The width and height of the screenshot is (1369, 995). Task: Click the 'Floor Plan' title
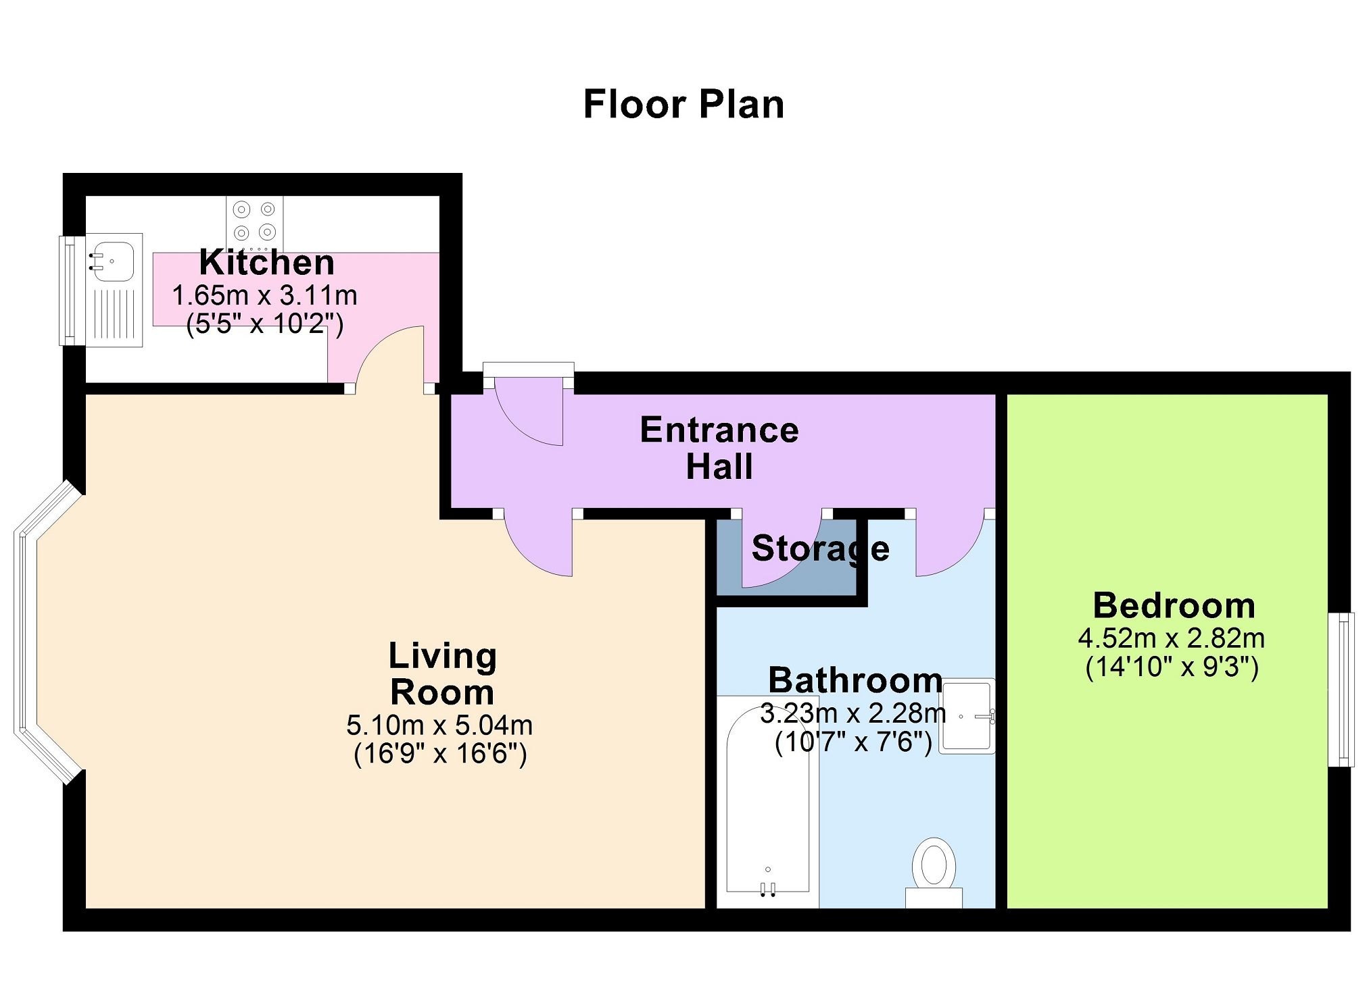coord(683,105)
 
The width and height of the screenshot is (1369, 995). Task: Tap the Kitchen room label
coord(267,262)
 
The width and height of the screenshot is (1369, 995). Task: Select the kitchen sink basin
coord(113,261)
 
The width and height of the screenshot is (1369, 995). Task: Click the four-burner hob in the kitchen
coord(255,222)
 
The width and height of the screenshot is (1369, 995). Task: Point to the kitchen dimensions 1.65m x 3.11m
coord(265,295)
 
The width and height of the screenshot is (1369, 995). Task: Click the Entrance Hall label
coord(719,448)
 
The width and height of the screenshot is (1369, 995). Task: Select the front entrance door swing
coord(529,413)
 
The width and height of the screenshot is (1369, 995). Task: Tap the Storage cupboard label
coord(821,548)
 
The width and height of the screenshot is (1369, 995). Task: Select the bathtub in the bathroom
coord(768,801)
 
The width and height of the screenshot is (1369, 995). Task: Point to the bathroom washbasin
coord(967,715)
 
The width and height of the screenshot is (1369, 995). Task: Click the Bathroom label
coord(855,680)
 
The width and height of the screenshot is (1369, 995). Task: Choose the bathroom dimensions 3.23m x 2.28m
coord(853,713)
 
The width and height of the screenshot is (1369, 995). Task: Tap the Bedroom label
coord(1174,606)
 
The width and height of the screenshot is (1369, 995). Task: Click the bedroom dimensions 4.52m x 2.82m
coord(1172,638)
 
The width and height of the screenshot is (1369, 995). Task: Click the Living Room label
coord(443,674)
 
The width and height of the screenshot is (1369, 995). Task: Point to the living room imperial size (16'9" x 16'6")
coord(440,754)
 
